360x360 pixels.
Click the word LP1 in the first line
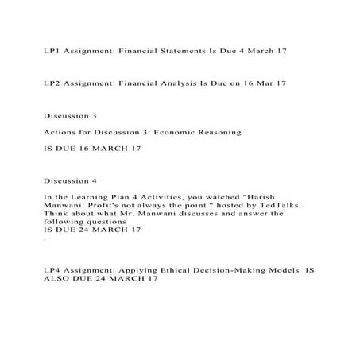click(x=52, y=50)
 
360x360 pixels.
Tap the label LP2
click(x=52, y=83)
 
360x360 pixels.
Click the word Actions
click(x=60, y=132)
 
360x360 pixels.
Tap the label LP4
click(x=52, y=270)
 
